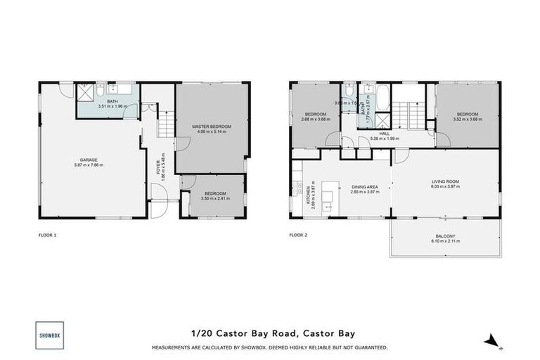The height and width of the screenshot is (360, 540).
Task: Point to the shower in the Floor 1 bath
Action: tap(86, 91)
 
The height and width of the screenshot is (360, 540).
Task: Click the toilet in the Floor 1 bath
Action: tap(101, 91)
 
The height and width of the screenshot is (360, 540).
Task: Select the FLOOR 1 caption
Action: tap(48, 234)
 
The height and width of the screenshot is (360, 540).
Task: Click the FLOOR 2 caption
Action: tap(299, 234)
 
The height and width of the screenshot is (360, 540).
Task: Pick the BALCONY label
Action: tap(445, 236)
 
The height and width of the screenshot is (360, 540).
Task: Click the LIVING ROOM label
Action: tap(445, 182)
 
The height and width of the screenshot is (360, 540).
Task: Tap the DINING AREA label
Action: tap(365, 186)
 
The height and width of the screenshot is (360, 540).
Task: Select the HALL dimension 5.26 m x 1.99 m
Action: tap(384, 139)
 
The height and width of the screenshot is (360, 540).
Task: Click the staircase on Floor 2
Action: tap(408, 112)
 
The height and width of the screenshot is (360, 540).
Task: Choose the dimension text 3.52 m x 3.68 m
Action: tap(468, 119)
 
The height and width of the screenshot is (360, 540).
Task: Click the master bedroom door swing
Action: tap(182, 142)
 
